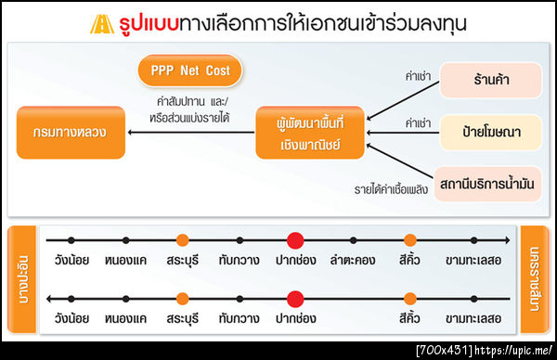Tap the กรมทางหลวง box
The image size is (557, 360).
click(72, 133)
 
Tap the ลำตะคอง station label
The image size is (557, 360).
click(350, 261)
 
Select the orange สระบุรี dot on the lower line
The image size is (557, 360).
click(182, 298)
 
